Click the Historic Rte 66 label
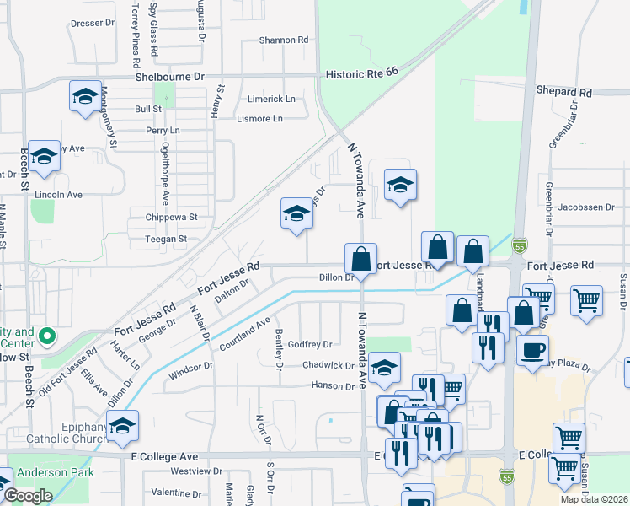click(362, 74)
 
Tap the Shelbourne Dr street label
click(170, 77)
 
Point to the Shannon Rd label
click(284, 40)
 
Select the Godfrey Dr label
click(310, 344)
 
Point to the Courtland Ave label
click(244, 334)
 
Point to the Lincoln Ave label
click(58, 195)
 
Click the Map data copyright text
click(593, 499)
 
